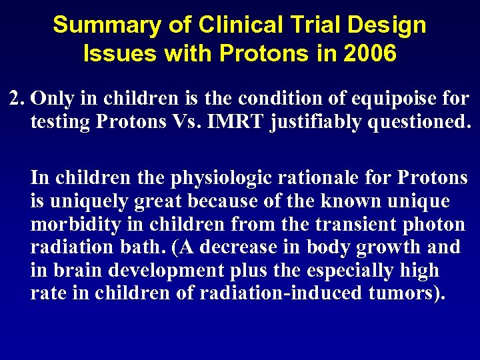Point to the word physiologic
coord(214,178)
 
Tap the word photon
coord(434,225)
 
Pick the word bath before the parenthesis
coord(145,247)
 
